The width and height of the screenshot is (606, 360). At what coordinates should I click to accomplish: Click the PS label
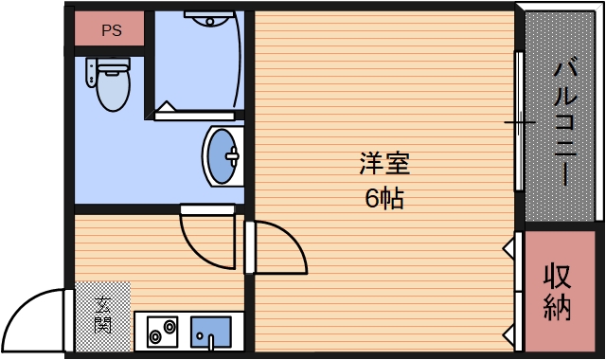112,29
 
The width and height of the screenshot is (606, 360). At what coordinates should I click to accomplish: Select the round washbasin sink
223,155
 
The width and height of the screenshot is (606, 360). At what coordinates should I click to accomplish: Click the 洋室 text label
383,163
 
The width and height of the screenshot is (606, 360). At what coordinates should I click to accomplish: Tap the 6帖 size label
384,199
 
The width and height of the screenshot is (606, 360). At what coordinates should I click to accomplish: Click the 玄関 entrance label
102,315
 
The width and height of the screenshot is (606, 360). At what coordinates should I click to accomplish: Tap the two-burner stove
162,331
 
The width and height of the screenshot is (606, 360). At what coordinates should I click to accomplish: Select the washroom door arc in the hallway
203,241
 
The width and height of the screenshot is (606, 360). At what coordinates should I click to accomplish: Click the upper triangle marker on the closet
510,248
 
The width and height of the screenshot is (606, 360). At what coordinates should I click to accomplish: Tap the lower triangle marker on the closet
510,334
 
